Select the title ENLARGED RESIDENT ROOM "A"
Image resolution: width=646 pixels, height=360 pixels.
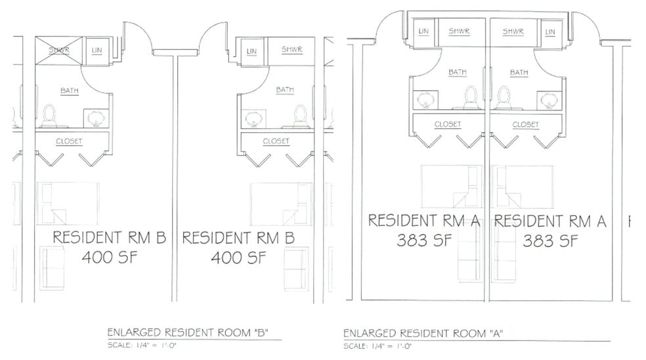pos(422,333)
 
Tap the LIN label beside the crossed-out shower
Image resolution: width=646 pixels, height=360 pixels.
pos(97,50)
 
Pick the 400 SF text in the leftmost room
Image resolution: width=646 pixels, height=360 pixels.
pos(110,258)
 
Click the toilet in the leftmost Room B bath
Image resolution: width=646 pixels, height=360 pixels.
pos(49,116)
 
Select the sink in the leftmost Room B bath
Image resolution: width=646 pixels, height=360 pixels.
pos(94,119)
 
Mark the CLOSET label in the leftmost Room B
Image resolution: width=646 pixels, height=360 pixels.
pos(69,141)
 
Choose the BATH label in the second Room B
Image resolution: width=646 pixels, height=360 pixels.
pos(285,90)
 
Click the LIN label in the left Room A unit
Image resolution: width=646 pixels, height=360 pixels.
pos(423,32)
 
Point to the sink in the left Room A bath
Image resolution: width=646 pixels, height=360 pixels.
pos(424,100)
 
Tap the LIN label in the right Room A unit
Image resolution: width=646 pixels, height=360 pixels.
pos(550,32)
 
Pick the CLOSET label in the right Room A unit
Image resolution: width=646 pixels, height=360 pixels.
pos(525,124)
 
